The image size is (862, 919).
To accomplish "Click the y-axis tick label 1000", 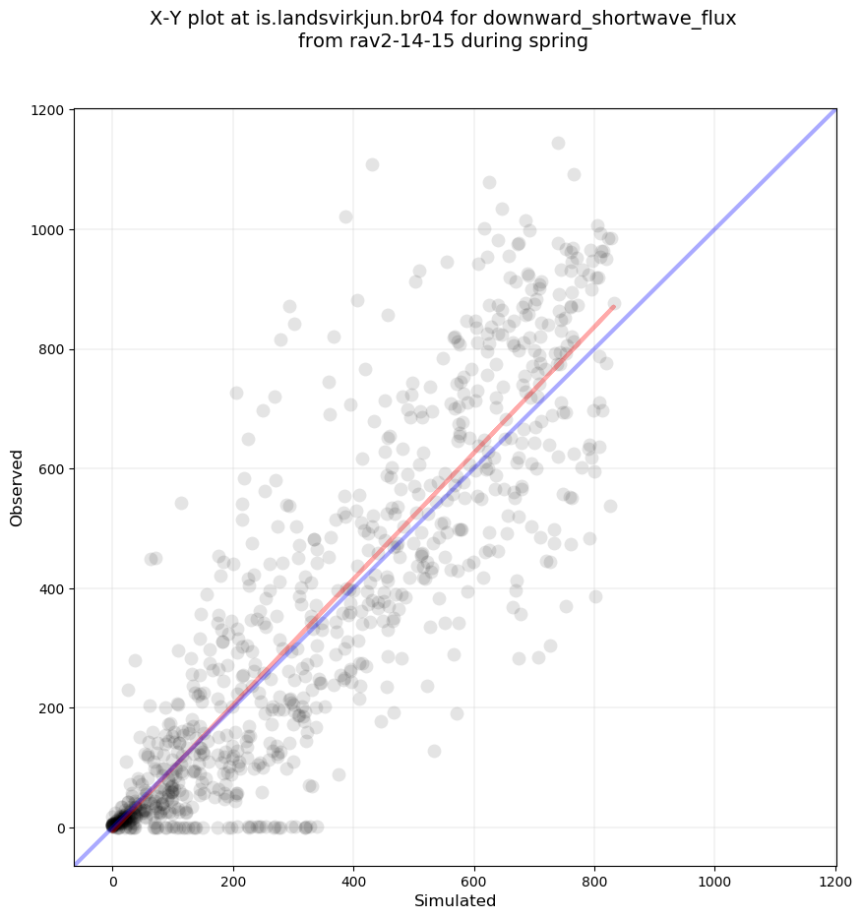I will tap(49, 230).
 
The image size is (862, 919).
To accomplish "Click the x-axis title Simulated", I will tap(455, 900).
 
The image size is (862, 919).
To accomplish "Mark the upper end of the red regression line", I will tap(614, 306).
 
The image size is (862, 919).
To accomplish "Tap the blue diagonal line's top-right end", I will tap(835, 110).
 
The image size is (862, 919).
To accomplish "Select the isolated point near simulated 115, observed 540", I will tap(181, 503).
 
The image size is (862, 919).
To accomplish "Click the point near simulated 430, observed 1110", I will tap(372, 164).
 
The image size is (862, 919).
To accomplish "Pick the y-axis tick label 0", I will tap(62, 828).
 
